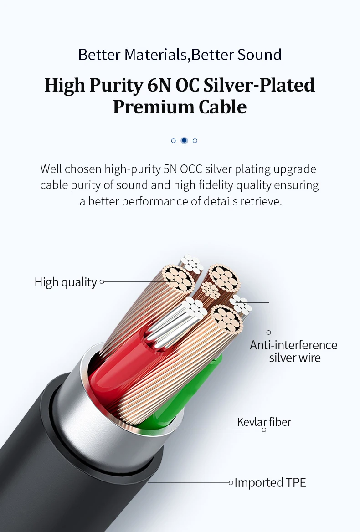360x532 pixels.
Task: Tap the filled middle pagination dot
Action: [184, 140]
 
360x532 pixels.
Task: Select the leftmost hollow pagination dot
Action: [173, 141]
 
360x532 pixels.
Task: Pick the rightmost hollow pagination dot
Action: [195, 141]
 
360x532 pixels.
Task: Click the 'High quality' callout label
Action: [66, 282]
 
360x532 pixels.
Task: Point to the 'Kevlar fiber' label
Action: [264, 422]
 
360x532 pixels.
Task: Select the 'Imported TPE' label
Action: [270, 482]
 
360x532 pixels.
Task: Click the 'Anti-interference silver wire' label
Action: [293, 351]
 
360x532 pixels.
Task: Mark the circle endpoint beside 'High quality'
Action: [102, 282]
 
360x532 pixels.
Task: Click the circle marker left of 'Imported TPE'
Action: [231, 482]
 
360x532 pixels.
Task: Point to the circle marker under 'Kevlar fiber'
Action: [264, 430]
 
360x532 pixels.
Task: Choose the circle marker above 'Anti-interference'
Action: [269, 332]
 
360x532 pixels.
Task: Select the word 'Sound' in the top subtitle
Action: [259, 55]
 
